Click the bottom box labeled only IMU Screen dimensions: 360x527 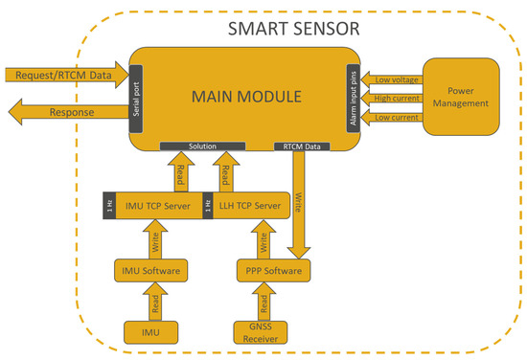pos(150,332)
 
